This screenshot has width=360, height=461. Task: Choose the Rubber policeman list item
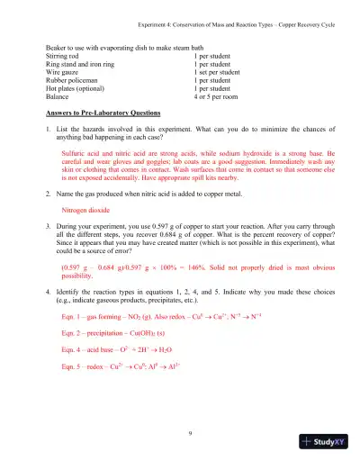71,80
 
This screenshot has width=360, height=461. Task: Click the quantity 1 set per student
220,72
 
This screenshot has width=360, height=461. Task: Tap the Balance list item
58,96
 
